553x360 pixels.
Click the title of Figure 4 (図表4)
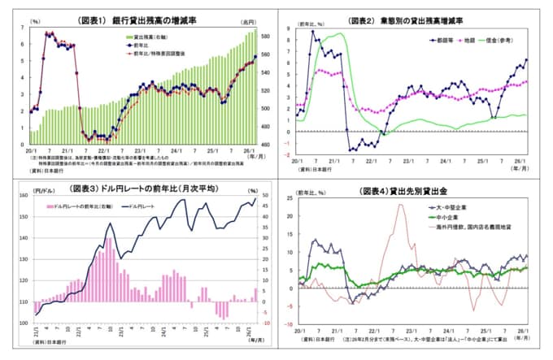[x=415, y=193]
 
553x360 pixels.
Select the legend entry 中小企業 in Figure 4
[x=445, y=217]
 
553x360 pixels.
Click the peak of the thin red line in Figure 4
[x=401, y=204]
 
